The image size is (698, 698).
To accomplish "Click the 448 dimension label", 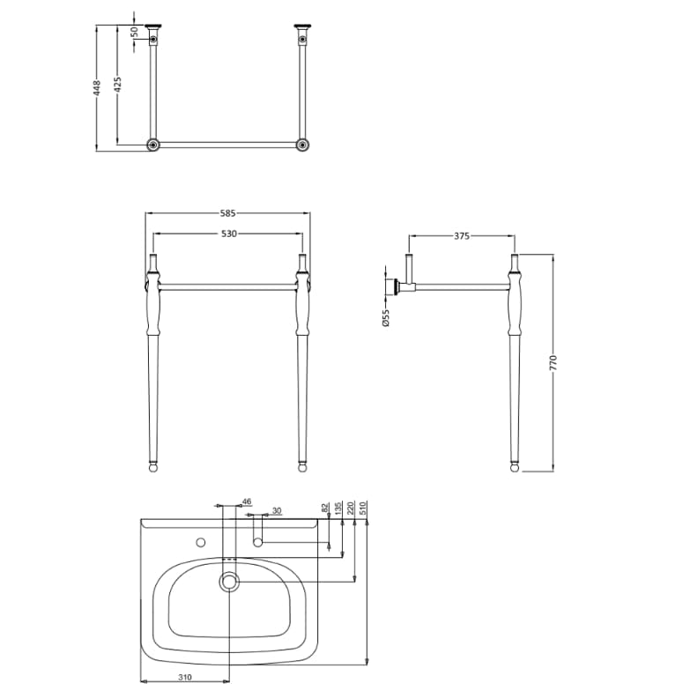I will click(x=98, y=86).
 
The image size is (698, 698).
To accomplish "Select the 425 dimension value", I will click(x=118, y=85).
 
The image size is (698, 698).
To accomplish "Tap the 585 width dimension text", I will click(x=228, y=213).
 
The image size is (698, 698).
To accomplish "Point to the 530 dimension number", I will click(x=228, y=234).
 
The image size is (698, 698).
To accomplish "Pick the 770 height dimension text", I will click(x=553, y=362).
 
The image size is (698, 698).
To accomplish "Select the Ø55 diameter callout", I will click(x=385, y=317).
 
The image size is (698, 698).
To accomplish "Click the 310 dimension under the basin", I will click(x=185, y=678).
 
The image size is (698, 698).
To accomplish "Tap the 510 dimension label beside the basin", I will click(x=362, y=509).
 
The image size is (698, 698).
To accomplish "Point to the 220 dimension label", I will click(x=351, y=509).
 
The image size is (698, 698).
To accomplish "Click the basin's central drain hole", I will click(x=230, y=581).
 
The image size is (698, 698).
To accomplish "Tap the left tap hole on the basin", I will click(x=199, y=541).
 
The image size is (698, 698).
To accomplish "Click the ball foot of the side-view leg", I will click(x=515, y=467).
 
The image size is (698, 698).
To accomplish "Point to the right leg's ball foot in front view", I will click(x=304, y=467).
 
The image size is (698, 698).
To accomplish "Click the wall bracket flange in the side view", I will click(x=390, y=286).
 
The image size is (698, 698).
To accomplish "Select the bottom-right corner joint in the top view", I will click(x=302, y=145).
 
